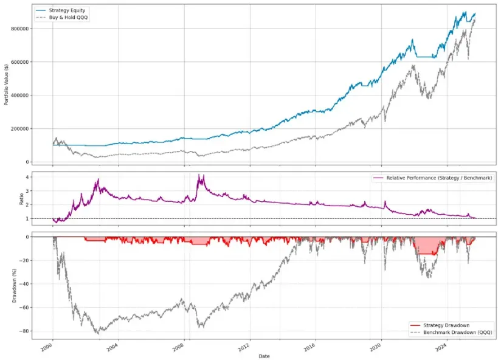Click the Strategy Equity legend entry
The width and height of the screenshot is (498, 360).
click(x=69, y=10)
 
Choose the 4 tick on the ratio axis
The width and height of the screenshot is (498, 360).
click(x=27, y=177)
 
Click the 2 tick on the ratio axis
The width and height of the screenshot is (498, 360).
click(x=27, y=205)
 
